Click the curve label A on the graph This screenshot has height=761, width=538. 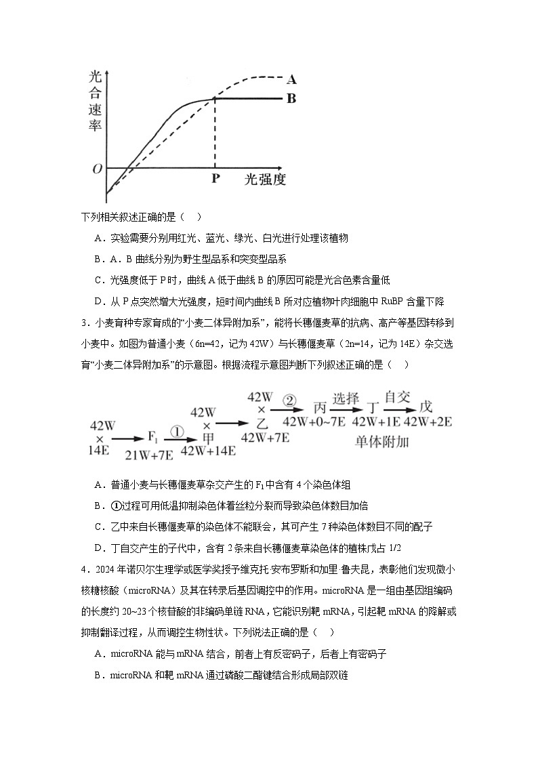coord(292,79)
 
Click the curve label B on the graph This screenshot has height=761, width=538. coord(291,98)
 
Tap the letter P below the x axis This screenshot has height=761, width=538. coord(215,179)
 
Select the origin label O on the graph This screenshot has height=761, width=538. coord(97,168)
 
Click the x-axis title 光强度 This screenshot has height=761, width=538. coord(265,180)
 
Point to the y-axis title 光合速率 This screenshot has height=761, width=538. coord(96,101)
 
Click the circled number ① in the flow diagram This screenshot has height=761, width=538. coord(175,431)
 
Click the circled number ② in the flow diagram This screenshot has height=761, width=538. coord(289,400)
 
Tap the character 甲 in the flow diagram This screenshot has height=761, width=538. coord(207,438)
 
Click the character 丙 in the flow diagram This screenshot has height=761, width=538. coord(320,407)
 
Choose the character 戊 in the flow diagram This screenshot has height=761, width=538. coord(426,407)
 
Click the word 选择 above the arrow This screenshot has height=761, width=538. coord(346,398)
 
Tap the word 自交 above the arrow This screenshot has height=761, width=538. coord(397,398)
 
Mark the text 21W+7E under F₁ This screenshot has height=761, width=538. coord(149,452)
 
